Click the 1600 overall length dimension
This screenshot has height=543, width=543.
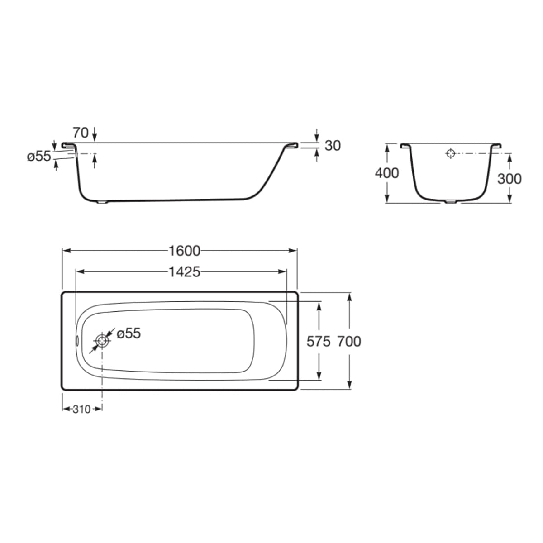tap(184, 251)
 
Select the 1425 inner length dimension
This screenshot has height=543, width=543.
tap(184, 272)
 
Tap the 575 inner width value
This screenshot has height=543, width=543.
tap(318, 342)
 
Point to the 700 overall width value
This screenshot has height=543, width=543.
tap(349, 342)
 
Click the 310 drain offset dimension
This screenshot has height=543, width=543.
tap(81, 409)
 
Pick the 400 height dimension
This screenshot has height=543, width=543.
tap(386, 173)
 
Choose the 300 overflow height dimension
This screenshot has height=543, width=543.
tap(509, 179)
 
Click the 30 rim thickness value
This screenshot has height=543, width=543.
tap(333, 146)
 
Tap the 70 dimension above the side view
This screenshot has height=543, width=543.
tap(81, 133)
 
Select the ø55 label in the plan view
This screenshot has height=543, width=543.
tap(129, 333)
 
